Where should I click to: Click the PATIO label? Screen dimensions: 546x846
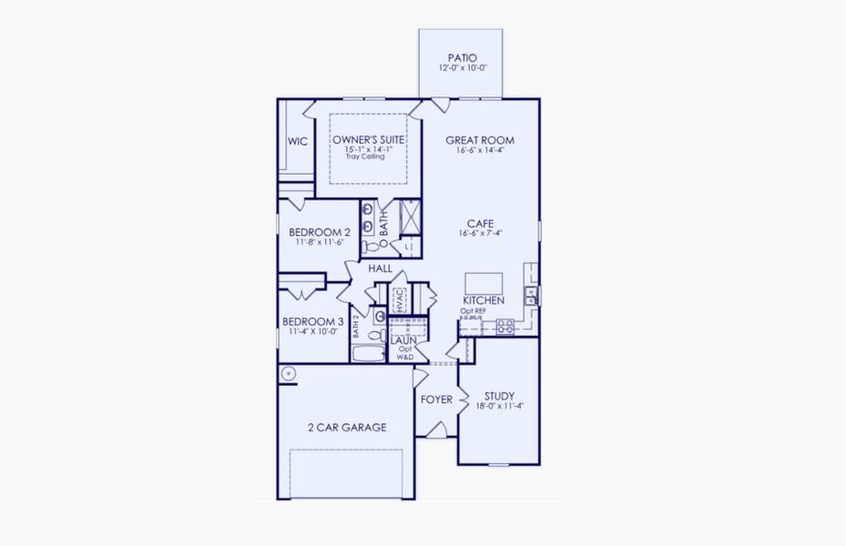point(461,58)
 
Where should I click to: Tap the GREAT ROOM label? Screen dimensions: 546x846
point(480,140)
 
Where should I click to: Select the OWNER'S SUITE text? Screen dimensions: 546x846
point(367,139)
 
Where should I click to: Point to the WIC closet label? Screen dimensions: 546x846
point(297,141)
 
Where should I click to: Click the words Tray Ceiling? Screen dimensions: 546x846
point(365,157)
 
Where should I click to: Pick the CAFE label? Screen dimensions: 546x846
point(481,223)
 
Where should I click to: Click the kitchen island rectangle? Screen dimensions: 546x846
point(483,282)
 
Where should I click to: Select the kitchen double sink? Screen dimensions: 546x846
point(531,294)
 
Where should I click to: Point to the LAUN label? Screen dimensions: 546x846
point(403,340)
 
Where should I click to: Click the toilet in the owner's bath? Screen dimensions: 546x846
point(372,246)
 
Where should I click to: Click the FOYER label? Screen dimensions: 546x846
point(436,399)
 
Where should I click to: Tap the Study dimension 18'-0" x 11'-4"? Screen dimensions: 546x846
point(499,407)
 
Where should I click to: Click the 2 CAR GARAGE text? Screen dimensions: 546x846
point(346,427)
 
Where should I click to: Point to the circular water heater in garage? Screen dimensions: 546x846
point(288,372)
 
